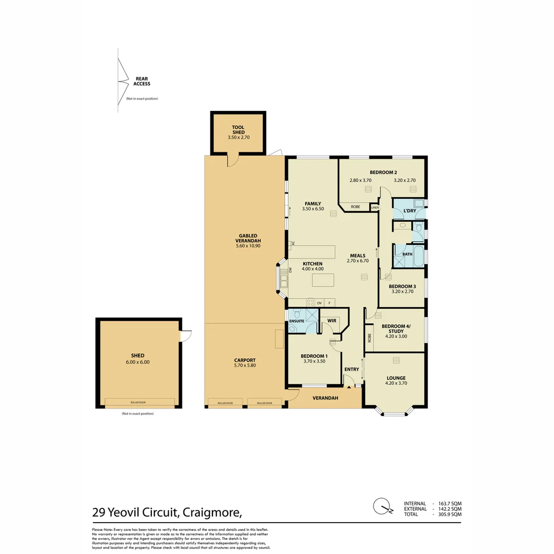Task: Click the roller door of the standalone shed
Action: point(137,402)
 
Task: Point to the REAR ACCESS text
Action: point(142,82)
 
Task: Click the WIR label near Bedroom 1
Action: point(331,321)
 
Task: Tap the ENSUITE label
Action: point(296,321)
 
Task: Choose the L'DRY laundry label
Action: point(409,211)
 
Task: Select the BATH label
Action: point(407,254)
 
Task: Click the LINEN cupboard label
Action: point(374,207)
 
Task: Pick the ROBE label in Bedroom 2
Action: point(355,207)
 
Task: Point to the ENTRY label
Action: point(351,369)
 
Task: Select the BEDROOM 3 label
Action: point(402,286)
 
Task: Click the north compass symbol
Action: point(381,506)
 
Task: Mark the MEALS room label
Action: point(358,255)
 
